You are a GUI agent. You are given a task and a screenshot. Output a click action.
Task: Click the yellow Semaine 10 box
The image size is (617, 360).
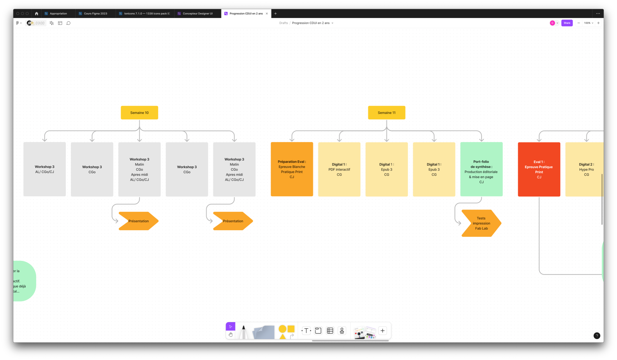coord(139,113)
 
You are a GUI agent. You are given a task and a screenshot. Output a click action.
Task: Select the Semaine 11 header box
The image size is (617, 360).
coord(386,113)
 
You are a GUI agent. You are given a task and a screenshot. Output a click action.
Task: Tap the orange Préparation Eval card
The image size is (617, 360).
coord(292,169)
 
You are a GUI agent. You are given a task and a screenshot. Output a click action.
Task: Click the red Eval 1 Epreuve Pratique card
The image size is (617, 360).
coord(539,169)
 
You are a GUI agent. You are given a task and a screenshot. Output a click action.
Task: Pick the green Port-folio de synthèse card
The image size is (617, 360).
coord(481,169)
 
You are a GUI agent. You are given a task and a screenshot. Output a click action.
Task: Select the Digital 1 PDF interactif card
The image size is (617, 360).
coord(339,169)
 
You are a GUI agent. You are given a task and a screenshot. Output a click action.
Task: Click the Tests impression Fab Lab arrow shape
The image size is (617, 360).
coord(481,223)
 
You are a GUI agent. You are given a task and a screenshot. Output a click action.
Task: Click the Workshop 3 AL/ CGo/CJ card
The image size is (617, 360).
coord(45,169)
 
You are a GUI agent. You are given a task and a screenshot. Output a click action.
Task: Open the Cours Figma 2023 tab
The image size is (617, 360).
coord(95,14)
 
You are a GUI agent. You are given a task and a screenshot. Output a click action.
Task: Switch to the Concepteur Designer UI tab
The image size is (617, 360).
coord(197,14)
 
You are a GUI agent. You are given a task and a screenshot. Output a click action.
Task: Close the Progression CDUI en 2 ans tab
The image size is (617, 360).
coord(267,14)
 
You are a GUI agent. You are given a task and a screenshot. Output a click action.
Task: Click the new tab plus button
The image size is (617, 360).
coord(276,14)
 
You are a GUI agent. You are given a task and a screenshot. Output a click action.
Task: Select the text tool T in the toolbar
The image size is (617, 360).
coord(306,331)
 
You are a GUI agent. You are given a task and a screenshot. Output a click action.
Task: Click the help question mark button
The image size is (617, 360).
coord(597,336)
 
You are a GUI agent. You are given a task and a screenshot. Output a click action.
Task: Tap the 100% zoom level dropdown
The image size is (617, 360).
coord(588,23)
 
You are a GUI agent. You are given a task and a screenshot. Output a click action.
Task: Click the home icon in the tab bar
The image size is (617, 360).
coord(37,14)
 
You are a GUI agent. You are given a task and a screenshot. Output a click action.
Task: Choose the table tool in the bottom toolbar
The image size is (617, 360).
coord(330,331)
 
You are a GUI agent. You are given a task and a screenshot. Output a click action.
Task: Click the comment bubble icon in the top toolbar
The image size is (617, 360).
coord(69,23)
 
